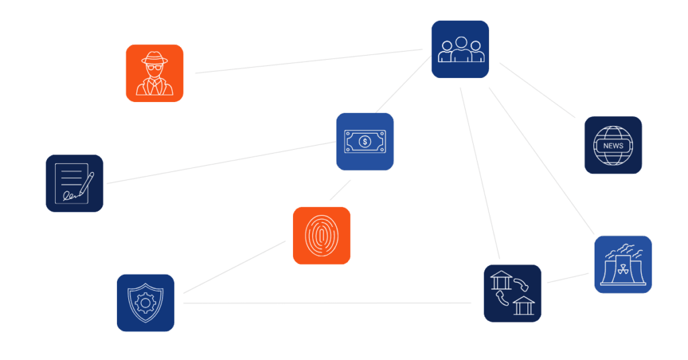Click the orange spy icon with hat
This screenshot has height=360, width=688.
pyautogui.click(x=155, y=73)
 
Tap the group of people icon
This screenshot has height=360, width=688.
pyautogui.click(x=460, y=50)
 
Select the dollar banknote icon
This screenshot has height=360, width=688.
pyautogui.click(x=365, y=141)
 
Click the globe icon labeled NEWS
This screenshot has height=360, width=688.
pyautogui.click(x=613, y=145)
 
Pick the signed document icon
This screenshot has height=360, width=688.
pyautogui.click(x=75, y=183)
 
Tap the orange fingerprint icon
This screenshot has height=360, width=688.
pyautogui.click(x=321, y=236)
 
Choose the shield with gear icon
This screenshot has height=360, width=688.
pyautogui.click(x=145, y=302)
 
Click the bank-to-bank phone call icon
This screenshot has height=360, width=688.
pyautogui.click(x=513, y=293)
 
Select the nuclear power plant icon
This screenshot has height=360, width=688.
pyautogui.click(x=623, y=265)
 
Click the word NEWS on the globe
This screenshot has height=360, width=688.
pyautogui.click(x=613, y=146)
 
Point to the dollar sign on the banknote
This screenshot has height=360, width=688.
pyautogui.click(x=365, y=141)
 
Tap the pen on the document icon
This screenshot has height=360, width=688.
pyautogui.click(x=85, y=184)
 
